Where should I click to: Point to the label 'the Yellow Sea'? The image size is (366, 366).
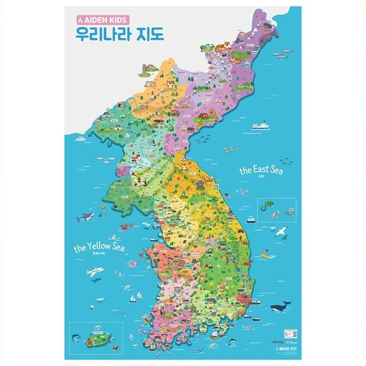click(x=100, y=248)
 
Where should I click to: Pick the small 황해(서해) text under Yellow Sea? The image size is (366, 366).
click(x=99, y=257)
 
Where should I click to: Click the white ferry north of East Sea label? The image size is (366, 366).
click(x=261, y=126)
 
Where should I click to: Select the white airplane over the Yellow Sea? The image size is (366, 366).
click(x=95, y=272)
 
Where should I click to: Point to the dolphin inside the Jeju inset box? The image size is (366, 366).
click(x=76, y=336)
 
